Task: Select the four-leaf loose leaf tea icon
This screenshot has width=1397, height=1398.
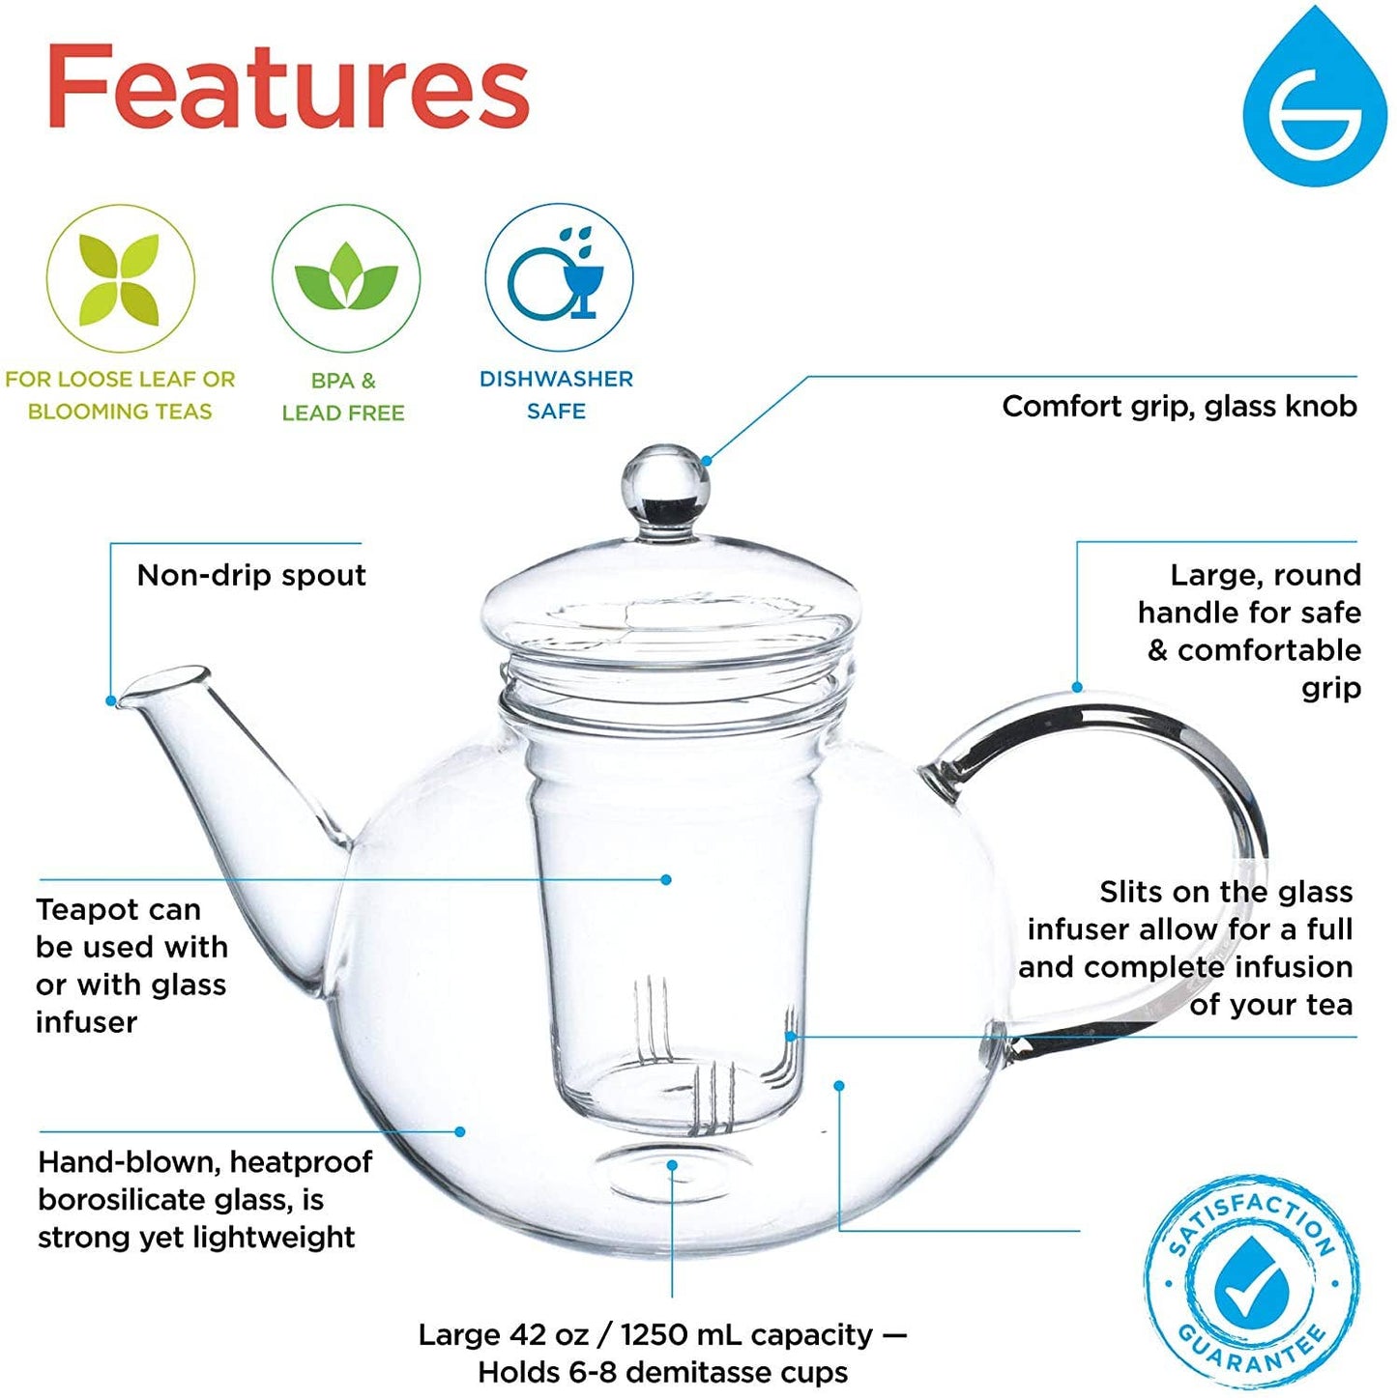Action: pos(120,279)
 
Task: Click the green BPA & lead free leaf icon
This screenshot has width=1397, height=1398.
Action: pos(345,279)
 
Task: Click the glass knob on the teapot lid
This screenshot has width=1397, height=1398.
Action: pos(665,480)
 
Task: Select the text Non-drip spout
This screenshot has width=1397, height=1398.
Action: pos(251,576)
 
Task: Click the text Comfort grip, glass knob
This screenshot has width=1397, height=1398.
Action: pos(1179,406)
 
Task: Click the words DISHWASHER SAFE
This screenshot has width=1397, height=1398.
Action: pos(556,394)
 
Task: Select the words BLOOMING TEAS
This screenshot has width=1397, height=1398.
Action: pos(120,412)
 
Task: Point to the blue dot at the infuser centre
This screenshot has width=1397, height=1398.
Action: pos(666,879)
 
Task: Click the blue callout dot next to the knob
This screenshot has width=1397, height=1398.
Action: pos(707,461)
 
